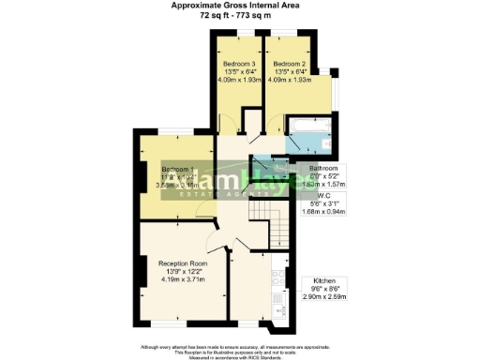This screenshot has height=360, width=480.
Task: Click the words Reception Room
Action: [x=183, y=263]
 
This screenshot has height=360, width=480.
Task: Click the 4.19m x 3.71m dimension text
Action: [x=183, y=279]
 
